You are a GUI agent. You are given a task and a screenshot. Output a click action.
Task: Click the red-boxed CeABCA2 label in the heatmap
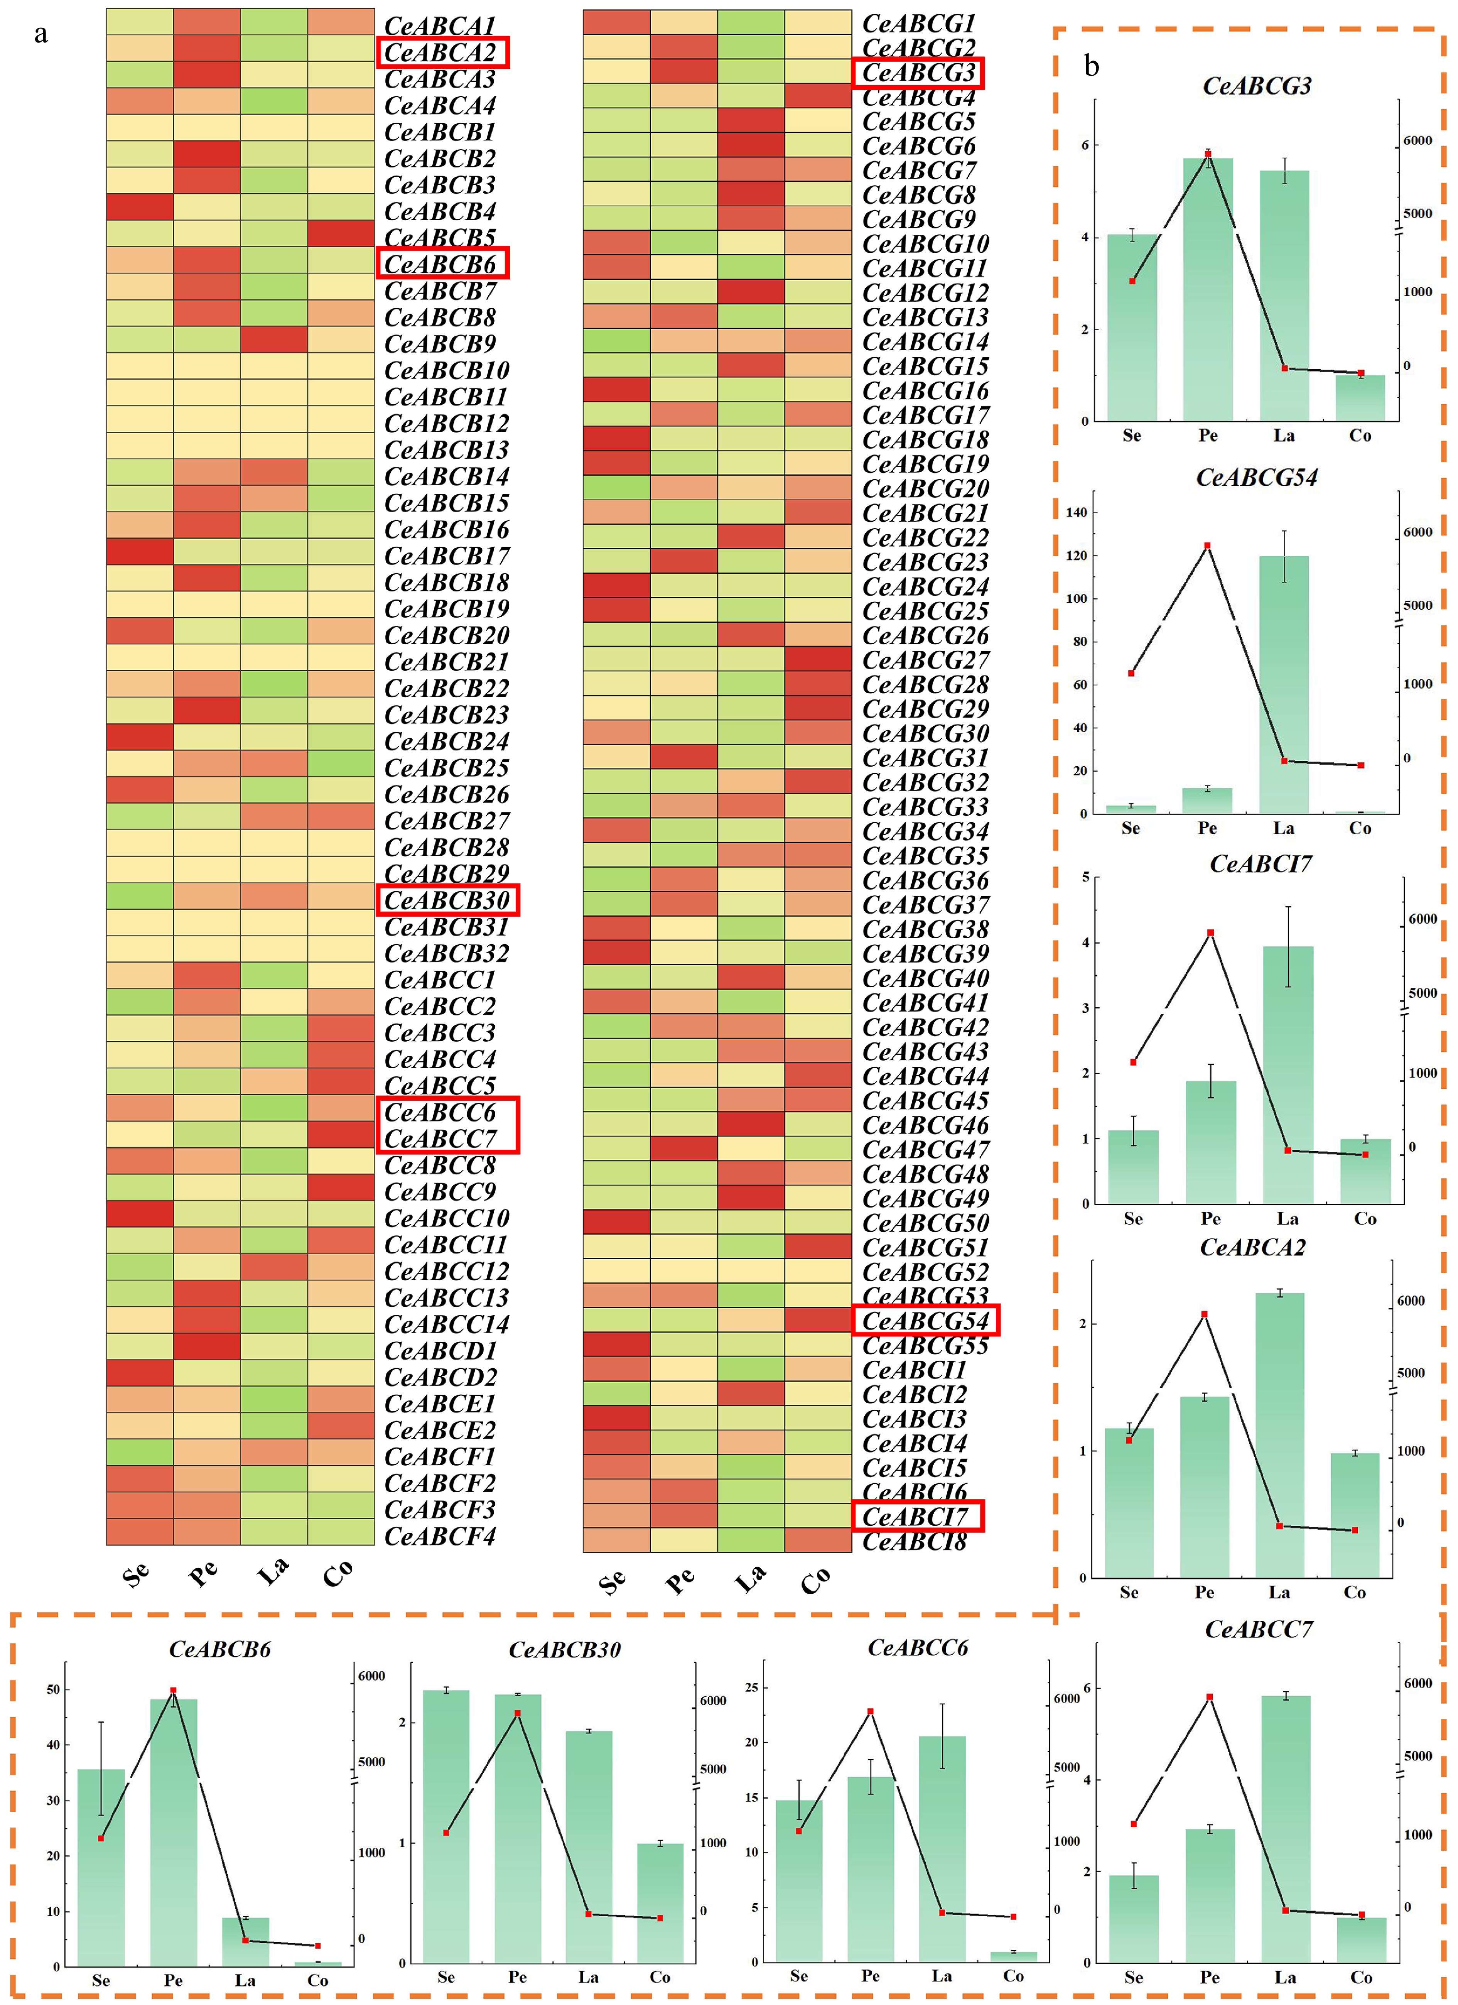pyautogui.click(x=442, y=53)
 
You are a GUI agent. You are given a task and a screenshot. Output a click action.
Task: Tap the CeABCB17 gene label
pyautogui.click(x=446, y=556)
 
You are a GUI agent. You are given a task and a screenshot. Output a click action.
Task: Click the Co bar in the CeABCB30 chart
pyautogui.click(x=660, y=1902)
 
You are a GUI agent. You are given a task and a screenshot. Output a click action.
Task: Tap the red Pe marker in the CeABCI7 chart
pyautogui.click(x=1211, y=932)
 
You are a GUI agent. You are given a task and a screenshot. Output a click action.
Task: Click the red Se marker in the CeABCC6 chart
pyautogui.click(x=799, y=1831)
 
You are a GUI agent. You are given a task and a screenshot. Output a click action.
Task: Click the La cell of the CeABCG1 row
pyautogui.click(x=750, y=22)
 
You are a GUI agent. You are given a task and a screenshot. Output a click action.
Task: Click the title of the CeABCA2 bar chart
pyautogui.click(x=1252, y=1247)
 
